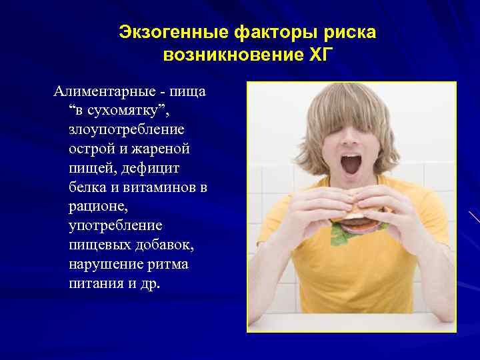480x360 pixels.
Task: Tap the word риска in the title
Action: click(351, 32)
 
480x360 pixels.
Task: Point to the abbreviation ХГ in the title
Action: click(317, 54)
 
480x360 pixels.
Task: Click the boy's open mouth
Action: click(351, 164)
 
